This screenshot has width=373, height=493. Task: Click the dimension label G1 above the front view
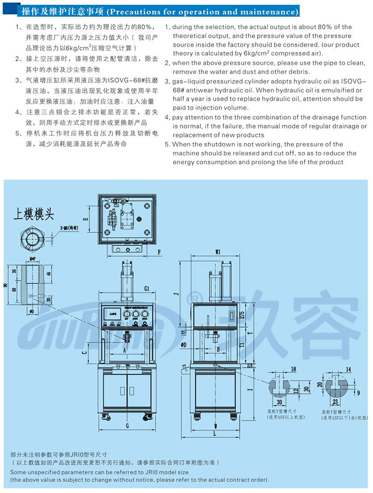pyautogui.click(x=146, y=288)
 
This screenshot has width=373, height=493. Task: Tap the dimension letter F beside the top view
pyautogui.click(x=159, y=252)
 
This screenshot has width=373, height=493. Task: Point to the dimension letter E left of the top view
pyautogui.click(x=86, y=218)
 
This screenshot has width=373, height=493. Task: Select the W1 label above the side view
pyautogui.click(x=218, y=252)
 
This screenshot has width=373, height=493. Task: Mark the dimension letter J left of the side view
pyautogui.click(x=175, y=293)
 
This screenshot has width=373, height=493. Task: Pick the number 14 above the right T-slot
pyautogui.click(x=348, y=369)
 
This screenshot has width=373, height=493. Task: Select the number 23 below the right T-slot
pyautogui.click(x=335, y=402)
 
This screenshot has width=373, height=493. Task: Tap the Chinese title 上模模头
pyautogui.click(x=34, y=214)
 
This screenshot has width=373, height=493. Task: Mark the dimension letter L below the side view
pyautogui.click(x=214, y=434)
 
